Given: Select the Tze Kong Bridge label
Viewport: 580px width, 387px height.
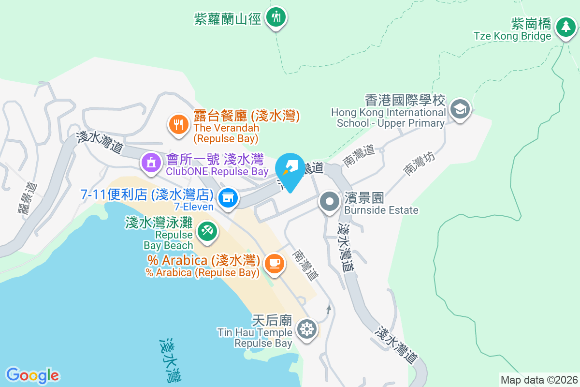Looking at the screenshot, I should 512,36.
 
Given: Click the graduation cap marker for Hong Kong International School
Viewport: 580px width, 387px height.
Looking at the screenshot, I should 460,109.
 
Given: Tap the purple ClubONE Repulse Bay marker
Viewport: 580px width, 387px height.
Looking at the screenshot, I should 151,162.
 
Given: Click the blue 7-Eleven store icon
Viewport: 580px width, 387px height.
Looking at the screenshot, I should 228,197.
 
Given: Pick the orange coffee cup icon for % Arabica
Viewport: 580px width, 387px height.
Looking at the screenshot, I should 275,263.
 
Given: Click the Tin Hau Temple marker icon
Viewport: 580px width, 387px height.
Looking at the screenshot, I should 306,328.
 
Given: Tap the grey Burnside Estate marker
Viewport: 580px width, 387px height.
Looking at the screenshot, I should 330,201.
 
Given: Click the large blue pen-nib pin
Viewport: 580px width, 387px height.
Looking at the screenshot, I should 290,169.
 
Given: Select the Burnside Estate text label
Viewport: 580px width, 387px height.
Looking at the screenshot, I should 381,210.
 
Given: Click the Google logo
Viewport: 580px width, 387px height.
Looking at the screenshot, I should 32,375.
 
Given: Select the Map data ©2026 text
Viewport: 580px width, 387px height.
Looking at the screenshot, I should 539,380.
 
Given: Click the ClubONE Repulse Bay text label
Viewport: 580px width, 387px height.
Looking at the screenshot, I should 217,172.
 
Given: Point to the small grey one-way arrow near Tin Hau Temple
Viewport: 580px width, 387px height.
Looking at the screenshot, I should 329,308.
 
